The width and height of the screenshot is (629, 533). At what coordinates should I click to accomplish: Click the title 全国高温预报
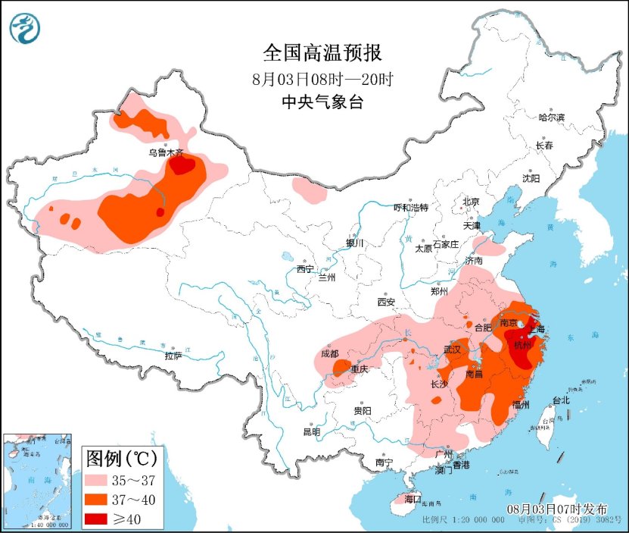[322, 53]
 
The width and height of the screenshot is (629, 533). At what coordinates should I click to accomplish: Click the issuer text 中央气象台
[322, 102]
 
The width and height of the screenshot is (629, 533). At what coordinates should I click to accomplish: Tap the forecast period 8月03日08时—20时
[322, 78]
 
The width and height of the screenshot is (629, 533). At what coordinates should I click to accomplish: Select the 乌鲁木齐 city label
[166, 152]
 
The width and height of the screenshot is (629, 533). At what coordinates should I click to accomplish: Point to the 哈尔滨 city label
[552, 117]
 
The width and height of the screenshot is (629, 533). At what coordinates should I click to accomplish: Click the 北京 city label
[471, 202]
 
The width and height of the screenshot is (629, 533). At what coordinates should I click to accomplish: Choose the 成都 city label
[329, 353]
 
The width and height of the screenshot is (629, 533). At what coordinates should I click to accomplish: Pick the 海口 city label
[412, 500]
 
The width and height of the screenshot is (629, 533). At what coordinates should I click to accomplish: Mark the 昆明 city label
[311, 431]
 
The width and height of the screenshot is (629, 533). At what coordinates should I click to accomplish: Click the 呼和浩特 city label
[411, 208]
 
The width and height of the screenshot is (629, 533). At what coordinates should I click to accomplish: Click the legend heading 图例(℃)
[120, 458]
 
